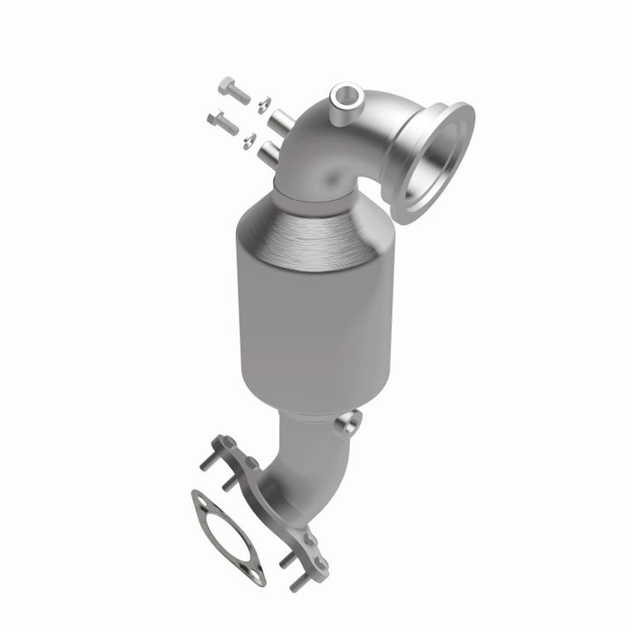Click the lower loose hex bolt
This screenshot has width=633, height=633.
222,121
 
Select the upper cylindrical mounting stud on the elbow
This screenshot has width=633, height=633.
282,119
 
